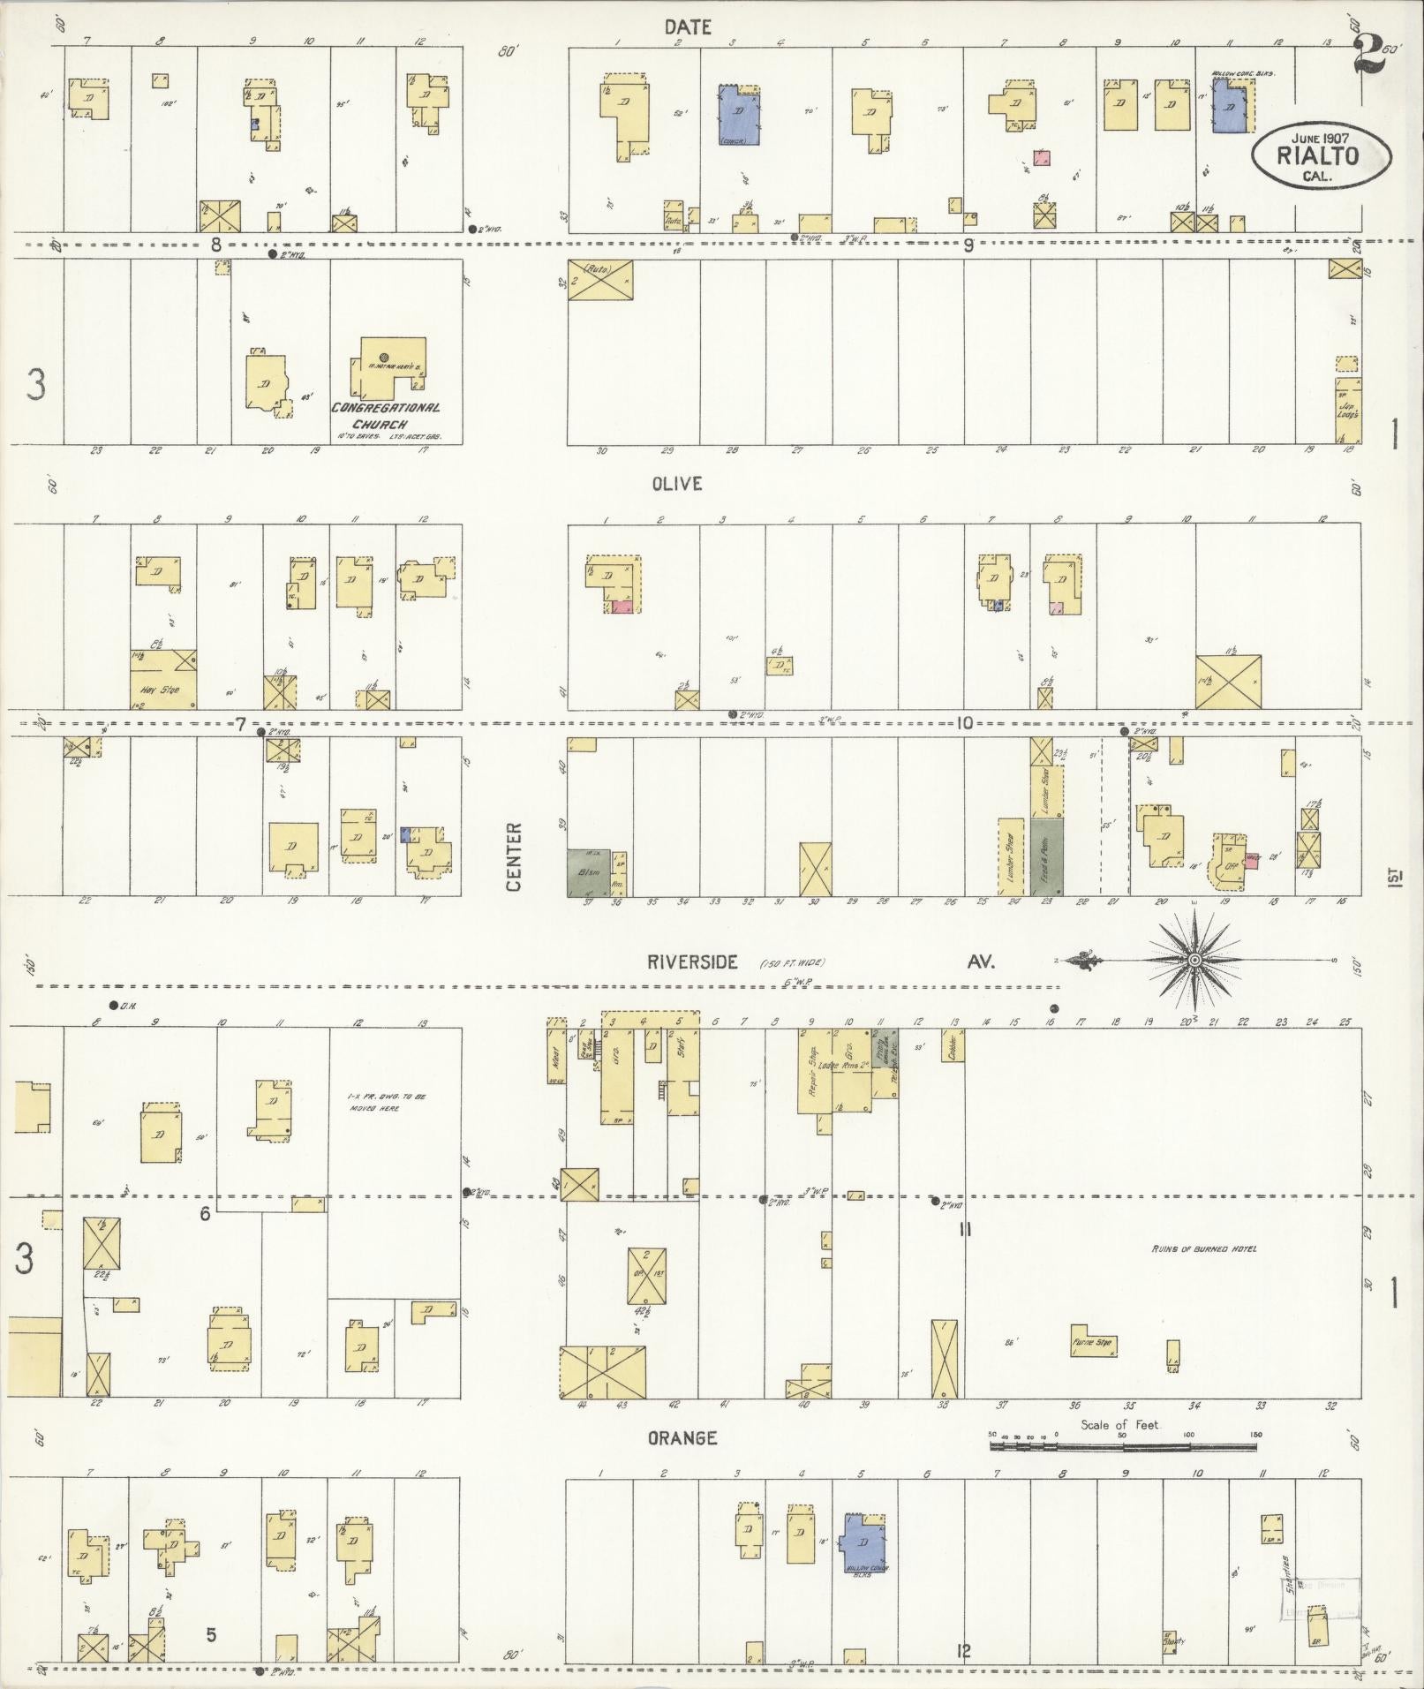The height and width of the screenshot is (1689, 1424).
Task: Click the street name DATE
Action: [x=688, y=28]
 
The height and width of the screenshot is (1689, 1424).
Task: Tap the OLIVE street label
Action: [x=677, y=484]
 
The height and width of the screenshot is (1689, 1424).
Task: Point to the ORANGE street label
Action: [x=682, y=1438]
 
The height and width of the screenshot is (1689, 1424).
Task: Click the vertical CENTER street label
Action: [x=516, y=856]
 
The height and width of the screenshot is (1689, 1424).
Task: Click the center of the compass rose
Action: [x=1194, y=961]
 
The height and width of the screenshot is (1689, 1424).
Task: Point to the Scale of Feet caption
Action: [x=1119, y=1425]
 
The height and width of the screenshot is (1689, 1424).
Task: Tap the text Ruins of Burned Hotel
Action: [x=1202, y=1249]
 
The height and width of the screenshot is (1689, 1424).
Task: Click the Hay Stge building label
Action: [x=164, y=690]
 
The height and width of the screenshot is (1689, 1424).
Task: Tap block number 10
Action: [x=963, y=723]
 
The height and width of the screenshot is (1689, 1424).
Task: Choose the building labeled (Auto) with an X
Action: [x=600, y=279]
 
